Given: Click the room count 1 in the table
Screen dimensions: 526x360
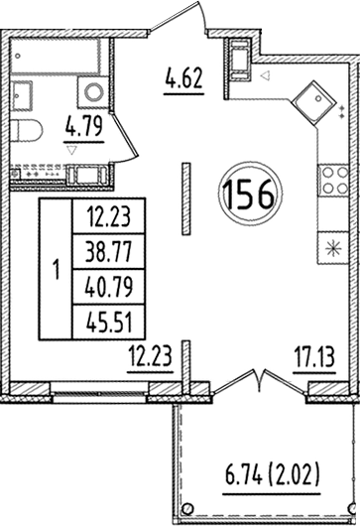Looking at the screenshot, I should [56, 268].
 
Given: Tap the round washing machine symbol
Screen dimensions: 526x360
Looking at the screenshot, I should [95, 92].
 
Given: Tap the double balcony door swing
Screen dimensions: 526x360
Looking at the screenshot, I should [260, 382].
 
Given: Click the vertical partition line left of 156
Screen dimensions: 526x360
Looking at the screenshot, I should [184, 195].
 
